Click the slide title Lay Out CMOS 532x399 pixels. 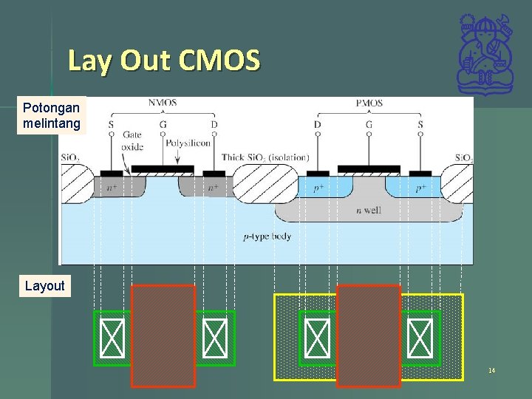pyautogui.click(x=164, y=61)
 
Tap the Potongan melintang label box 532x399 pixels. pyautogui.click(x=51, y=116)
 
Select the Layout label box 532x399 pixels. pyautogui.click(x=44, y=286)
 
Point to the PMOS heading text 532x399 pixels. pyautogui.click(x=369, y=103)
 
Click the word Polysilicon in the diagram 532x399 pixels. pyautogui.click(x=188, y=143)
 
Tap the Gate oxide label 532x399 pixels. pyautogui.click(x=132, y=140)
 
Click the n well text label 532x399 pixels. pyautogui.click(x=369, y=211)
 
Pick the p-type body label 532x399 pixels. pyautogui.click(x=267, y=236)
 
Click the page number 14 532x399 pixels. pyautogui.click(x=491, y=369)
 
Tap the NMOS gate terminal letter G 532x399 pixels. pyautogui.click(x=163, y=125)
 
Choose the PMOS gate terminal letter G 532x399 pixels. pyautogui.click(x=369, y=125)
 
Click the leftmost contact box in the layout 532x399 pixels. pyautogui.click(x=112, y=338)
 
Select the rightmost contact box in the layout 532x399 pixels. pyautogui.click(x=420, y=338)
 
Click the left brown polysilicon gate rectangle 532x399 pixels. pyautogui.click(x=163, y=335)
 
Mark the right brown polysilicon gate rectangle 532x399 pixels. pyautogui.click(x=368, y=335)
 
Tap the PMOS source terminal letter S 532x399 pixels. pyautogui.click(x=420, y=125)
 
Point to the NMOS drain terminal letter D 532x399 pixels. pyautogui.click(x=214, y=125)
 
